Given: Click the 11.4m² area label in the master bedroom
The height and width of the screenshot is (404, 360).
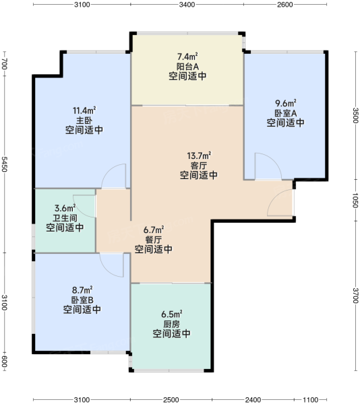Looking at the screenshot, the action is pos(84,110).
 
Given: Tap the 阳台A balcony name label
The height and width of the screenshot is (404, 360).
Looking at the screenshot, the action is pos(187,67).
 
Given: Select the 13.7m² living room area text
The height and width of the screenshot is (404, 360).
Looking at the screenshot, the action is pos(199,156).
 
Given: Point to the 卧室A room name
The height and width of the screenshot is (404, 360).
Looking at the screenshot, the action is pos(285,113).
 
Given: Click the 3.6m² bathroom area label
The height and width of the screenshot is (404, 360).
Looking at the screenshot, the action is pos(65,208).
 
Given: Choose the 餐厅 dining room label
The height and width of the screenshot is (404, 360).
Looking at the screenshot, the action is pos(154,240).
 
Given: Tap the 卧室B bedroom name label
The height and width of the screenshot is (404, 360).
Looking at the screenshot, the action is pos(82,300).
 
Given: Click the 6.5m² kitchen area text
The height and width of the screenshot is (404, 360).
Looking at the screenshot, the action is pos(172,314).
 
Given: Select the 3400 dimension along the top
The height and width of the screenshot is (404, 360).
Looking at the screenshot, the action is pos(187,5).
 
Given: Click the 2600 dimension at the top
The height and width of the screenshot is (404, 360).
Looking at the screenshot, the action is pos(285,5).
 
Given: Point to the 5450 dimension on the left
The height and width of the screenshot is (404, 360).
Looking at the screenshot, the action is pos(5,164).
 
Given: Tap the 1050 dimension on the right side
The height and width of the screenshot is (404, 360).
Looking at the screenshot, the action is pos(355,200).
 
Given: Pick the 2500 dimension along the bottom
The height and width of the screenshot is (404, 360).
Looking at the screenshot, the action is pos(171,399).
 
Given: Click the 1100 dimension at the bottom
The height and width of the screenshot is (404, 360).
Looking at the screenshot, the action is pos(311,399).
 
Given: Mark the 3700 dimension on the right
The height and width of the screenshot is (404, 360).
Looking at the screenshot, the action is pos(355,296).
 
